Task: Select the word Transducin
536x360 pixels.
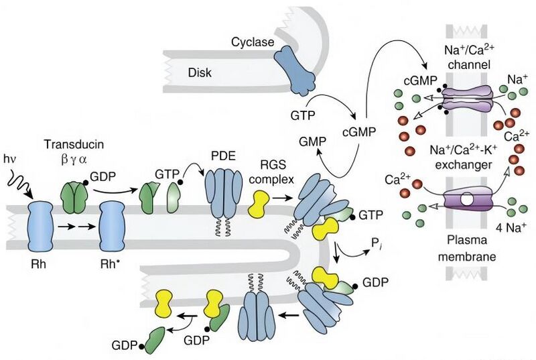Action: (70, 144)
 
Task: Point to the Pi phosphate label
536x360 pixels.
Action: (373, 253)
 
